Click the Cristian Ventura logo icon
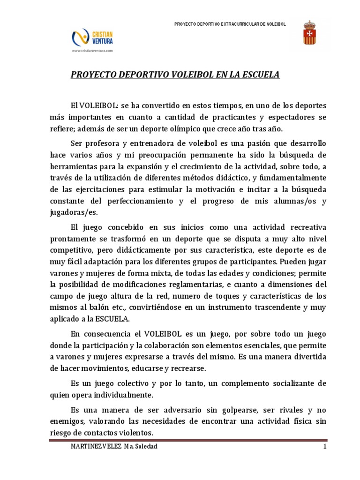tap(78, 37)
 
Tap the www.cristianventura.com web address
tap(93, 51)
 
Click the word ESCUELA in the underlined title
tap(260, 75)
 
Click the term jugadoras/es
tap(67, 213)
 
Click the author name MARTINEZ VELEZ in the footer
tap(93, 446)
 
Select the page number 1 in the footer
tap(324, 446)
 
